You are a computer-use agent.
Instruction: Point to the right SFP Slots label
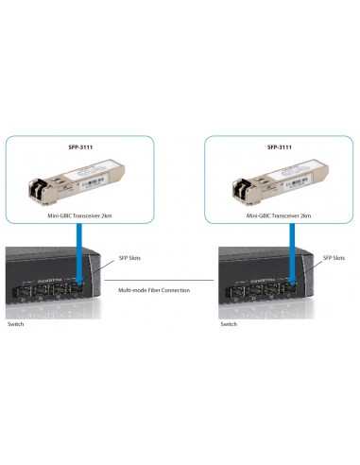pyautogui.click(x=334, y=257)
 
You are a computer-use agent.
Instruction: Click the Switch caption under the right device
pyautogui.click(x=229, y=323)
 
